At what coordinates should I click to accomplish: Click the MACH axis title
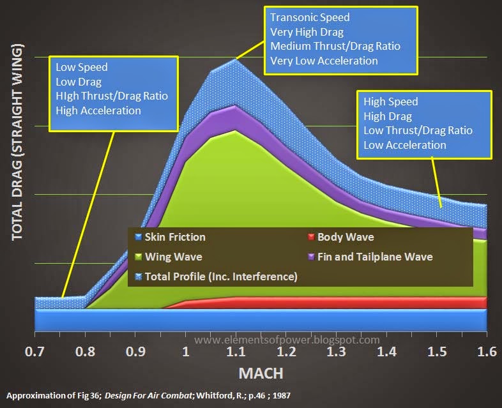261,372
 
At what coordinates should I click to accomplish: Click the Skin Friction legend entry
175,237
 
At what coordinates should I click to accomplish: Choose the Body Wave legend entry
345,237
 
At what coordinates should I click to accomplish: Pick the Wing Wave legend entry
174,257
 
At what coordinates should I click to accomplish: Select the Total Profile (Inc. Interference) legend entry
221,276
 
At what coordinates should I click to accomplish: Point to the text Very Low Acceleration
324,61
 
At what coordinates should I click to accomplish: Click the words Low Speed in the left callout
82,67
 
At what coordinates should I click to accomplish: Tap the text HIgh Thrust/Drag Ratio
112,96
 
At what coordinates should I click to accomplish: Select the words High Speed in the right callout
391,102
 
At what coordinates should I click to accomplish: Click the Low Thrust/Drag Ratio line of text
418,130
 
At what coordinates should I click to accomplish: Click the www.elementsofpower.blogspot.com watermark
287,340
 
